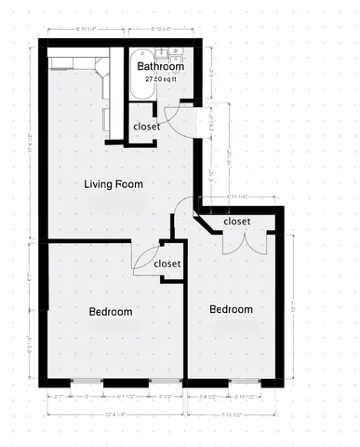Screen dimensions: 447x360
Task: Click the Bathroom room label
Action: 160,67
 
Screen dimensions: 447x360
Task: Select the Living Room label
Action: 113,183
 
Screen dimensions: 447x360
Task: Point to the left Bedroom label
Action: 110,312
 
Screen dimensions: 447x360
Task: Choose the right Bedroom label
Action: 231,309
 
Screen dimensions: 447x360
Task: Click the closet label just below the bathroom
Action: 147,127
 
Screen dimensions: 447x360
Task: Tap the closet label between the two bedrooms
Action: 167,264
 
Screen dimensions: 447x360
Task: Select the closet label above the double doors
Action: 237,222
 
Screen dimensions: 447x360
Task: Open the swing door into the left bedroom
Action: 146,260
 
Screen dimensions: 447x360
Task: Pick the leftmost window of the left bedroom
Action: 86,383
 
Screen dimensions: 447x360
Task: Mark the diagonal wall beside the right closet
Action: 206,220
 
